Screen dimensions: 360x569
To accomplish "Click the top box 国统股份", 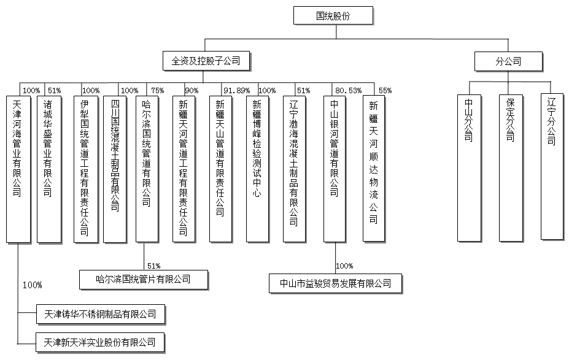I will tap(333, 15).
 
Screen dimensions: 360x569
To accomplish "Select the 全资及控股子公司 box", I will tap(205, 61).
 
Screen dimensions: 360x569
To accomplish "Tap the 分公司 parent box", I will tap(509, 61).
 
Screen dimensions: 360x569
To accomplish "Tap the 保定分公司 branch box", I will tap(509, 167).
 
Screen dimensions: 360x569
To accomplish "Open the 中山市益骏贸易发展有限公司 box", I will tap(335, 283).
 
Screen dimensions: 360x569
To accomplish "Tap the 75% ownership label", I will tap(158, 91).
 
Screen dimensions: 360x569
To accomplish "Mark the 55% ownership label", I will tap(385, 91).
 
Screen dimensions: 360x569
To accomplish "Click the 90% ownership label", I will tap(192, 91).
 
